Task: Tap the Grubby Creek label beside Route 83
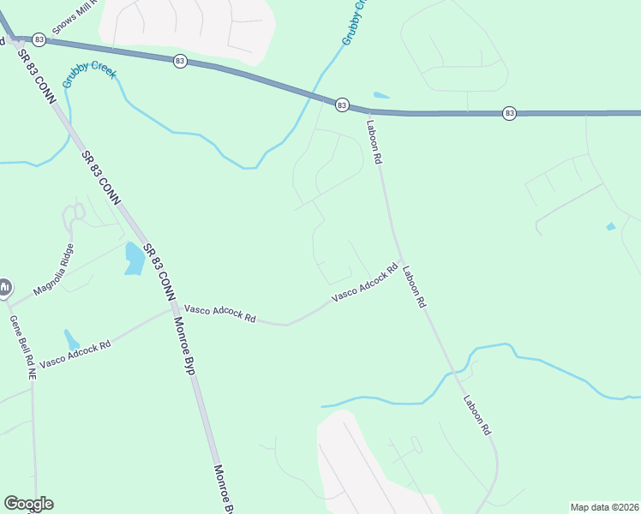click(87, 70)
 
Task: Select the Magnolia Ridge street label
click(54, 270)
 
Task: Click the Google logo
click(28, 504)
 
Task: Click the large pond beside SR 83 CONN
click(135, 259)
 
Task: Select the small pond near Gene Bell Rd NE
click(71, 339)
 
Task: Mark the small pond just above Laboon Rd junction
click(381, 95)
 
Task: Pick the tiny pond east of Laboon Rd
click(610, 226)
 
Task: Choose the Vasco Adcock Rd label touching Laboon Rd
click(365, 282)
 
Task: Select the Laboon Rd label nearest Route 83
click(374, 140)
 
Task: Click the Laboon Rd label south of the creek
click(476, 414)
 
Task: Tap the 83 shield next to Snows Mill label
click(39, 39)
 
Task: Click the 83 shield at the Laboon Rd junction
click(342, 105)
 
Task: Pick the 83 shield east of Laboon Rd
click(509, 113)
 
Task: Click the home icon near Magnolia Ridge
click(4, 286)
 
